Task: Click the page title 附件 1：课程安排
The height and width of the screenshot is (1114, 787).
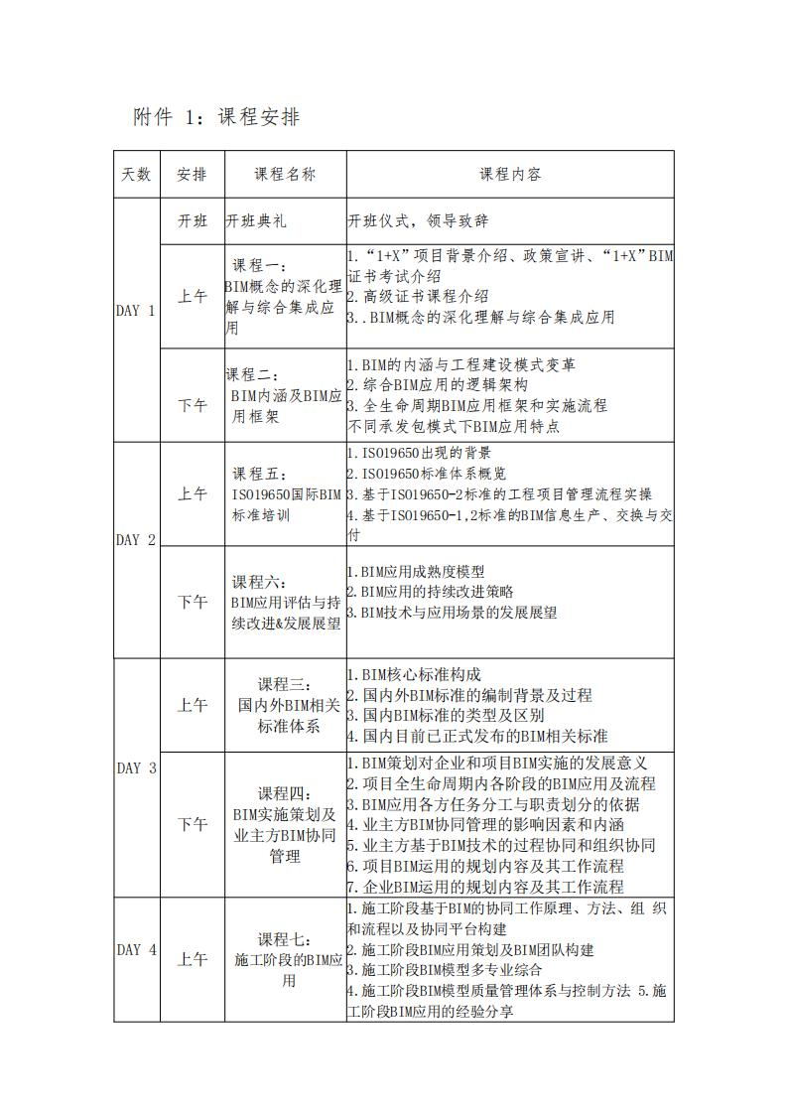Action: (216, 117)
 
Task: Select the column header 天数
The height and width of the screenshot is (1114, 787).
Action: (136, 175)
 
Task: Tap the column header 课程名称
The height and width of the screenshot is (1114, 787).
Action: (285, 175)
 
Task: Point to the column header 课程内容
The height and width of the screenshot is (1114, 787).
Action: (510, 175)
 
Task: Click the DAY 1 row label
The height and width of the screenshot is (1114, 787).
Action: (136, 311)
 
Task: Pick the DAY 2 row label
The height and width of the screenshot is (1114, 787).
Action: (136, 541)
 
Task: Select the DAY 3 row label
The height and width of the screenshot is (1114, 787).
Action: (136, 768)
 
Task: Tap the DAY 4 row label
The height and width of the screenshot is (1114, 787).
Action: (136, 950)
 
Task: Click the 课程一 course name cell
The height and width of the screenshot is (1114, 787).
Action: (285, 297)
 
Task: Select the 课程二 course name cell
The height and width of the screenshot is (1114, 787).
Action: (285, 396)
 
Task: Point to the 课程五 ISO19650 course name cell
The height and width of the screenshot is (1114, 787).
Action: (285, 493)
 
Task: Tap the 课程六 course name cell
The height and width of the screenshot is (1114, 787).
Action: (285, 603)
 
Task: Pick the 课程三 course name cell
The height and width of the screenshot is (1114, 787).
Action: (285, 705)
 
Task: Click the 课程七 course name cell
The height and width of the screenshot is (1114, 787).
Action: (285, 959)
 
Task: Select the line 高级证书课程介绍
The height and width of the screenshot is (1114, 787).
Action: (418, 297)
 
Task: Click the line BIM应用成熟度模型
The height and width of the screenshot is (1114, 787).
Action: (417, 572)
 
